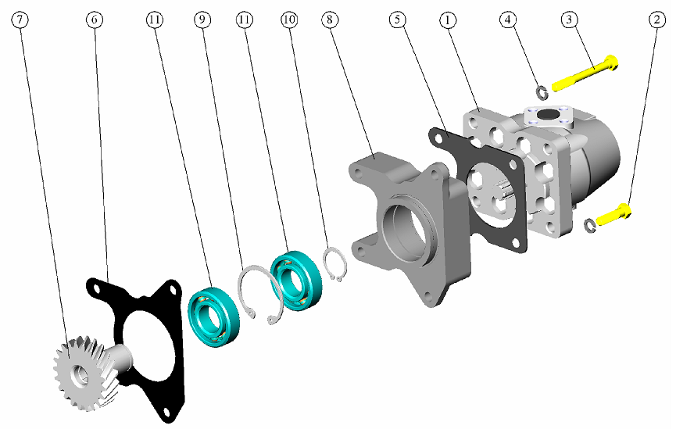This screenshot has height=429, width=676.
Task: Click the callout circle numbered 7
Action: [x=22, y=20]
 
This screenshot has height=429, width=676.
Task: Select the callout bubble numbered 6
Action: [x=95, y=20]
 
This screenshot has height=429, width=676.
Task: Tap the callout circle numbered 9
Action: [x=202, y=20]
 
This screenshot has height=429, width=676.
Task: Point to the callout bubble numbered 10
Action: [x=289, y=20]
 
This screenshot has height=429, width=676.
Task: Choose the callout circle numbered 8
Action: [x=330, y=20]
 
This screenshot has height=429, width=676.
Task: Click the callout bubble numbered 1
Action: [x=448, y=20]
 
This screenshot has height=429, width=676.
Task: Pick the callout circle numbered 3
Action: [x=570, y=20]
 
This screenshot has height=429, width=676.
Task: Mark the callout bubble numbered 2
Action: [x=656, y=20]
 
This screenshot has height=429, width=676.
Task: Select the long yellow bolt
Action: [x=585, y=73]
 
